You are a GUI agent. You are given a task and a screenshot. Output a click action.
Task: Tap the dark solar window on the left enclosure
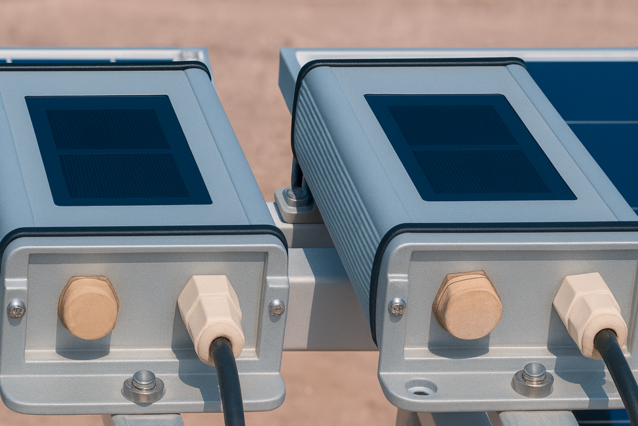pyautogui.click(x=118, y=150)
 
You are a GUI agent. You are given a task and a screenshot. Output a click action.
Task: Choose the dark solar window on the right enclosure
pyautogui.click(x=468, y=147)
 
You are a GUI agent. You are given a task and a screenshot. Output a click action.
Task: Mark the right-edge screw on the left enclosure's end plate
pyautogui.click(x=276, y=307)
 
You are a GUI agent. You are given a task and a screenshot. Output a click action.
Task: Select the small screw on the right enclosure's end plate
pyautogui.click(x=397, y=306)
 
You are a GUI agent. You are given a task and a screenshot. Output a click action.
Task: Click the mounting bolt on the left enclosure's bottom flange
pyautogui.click(x=144, y=383)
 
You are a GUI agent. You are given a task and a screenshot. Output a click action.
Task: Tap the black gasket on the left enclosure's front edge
pyautogui.click(x=144, y=230)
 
